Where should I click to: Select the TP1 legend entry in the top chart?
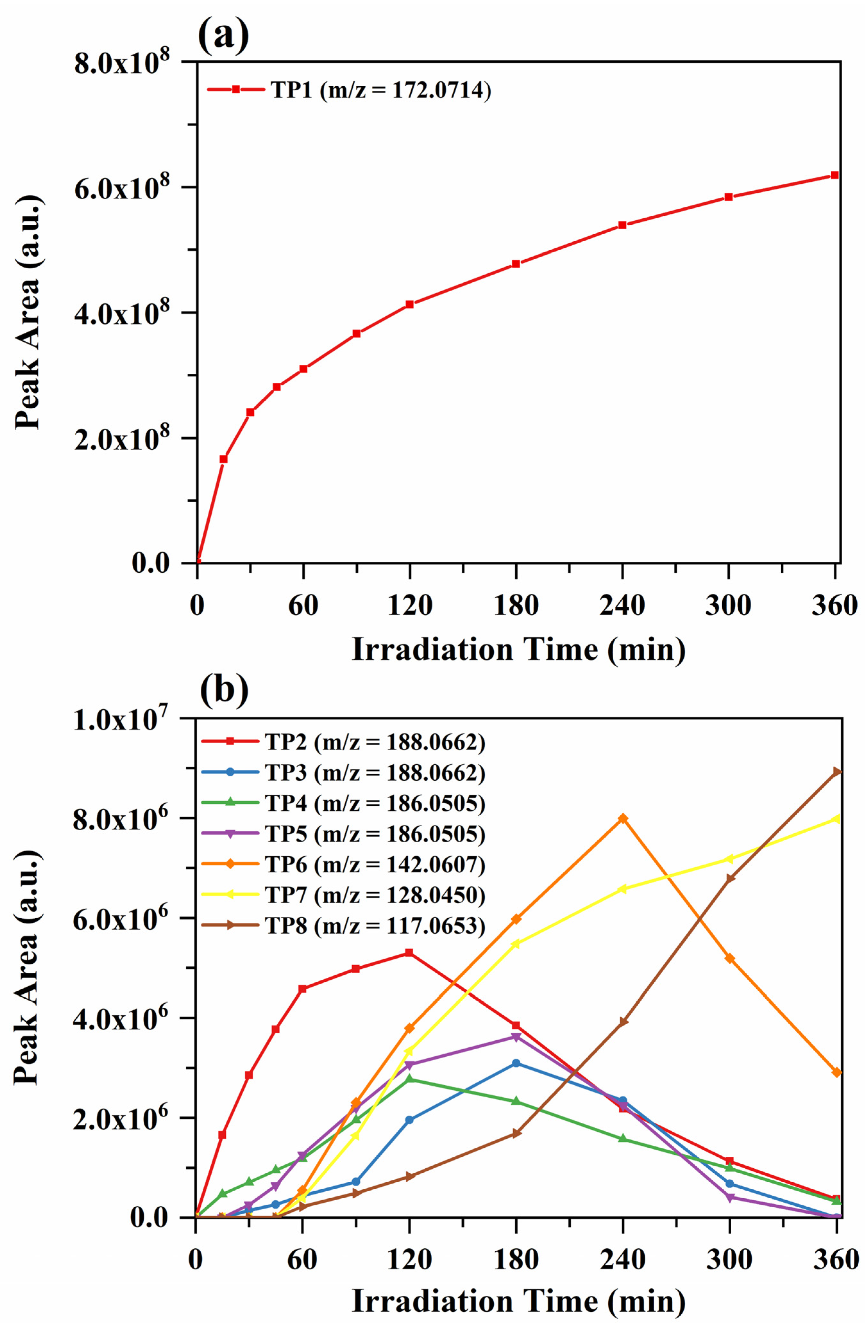pos(349,89)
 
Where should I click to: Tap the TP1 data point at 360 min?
pos(835,175)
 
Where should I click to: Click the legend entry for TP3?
pos(344,773)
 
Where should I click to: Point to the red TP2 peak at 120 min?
pos(409,953)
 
